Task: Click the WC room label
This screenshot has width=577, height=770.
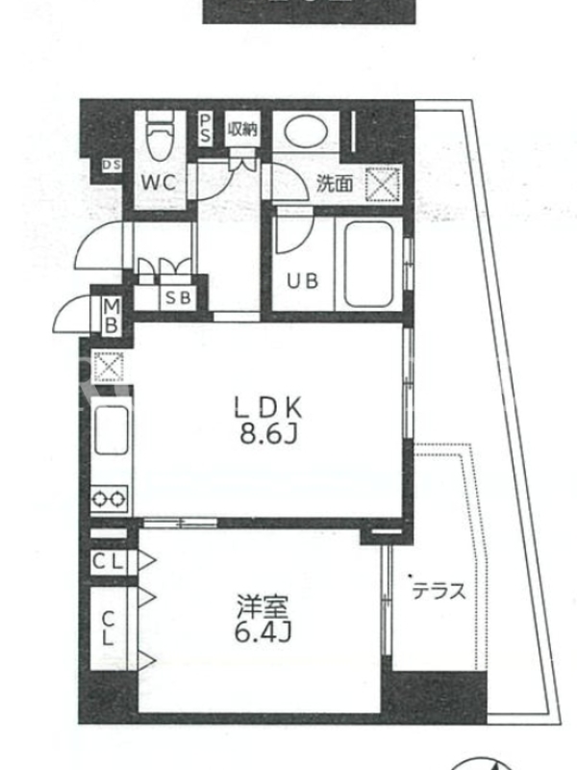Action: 159,183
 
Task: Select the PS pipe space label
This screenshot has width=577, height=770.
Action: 206,129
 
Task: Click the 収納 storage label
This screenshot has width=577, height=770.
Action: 242,129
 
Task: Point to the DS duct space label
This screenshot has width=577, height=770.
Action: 112,166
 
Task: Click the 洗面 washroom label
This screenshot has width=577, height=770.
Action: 335,183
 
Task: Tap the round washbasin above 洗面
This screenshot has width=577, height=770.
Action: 305,131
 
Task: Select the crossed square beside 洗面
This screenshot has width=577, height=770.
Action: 383,184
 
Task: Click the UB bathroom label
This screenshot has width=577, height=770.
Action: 303,281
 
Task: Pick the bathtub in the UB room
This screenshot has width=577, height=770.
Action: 368,264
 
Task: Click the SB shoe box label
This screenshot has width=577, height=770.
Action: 178,297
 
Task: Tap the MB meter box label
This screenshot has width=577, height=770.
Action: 112,316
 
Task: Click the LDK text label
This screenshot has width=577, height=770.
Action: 268,407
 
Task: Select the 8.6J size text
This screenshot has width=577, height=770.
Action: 268,434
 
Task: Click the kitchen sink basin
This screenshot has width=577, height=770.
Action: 112,430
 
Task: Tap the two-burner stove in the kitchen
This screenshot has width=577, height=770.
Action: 109,500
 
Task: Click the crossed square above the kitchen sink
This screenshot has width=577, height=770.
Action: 109,366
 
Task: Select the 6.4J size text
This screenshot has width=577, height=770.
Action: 263,632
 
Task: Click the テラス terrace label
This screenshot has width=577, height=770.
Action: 439,591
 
